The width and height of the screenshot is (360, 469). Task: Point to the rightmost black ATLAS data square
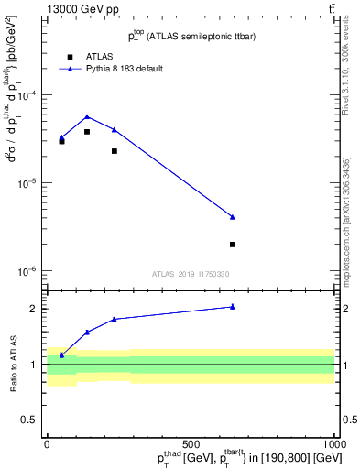[x=233, y=245]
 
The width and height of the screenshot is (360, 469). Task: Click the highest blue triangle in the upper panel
[x=87, y=116]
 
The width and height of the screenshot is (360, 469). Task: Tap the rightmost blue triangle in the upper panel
[x=233, y=216]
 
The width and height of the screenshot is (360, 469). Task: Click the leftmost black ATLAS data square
[x=61, y=141]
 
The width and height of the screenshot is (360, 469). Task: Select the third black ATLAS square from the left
[x=115, y=151]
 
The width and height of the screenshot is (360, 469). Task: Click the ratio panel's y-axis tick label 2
[x=36, y=309]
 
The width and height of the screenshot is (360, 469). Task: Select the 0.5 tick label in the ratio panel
[x=32, y=420]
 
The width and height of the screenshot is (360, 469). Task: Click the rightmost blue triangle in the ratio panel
[x=233, y=306]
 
